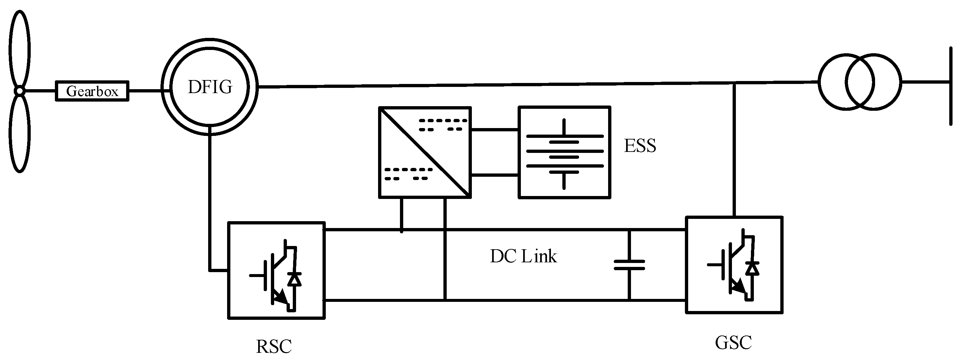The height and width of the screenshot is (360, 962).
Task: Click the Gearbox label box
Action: pos(92,91)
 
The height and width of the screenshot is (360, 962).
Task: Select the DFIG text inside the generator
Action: pos(210,87)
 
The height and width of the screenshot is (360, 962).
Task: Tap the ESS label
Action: pos(640,146)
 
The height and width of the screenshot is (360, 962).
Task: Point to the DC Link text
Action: pos(523,256)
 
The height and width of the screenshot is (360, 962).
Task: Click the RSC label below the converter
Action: pos(274,346)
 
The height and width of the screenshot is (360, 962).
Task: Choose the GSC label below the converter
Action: pos(733,343)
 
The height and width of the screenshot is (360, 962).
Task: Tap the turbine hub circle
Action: pos(19,91)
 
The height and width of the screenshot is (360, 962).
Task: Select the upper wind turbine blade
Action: pos(19,49)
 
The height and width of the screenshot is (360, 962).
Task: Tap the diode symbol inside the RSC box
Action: pos(295,279)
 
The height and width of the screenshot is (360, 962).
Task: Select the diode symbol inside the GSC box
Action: pos(752,269)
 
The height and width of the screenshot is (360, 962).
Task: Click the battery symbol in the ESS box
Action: pos(564,153)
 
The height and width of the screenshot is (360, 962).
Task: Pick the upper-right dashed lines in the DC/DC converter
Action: pos(443,125)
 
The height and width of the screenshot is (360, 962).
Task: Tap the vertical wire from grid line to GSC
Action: pos(734,149)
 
